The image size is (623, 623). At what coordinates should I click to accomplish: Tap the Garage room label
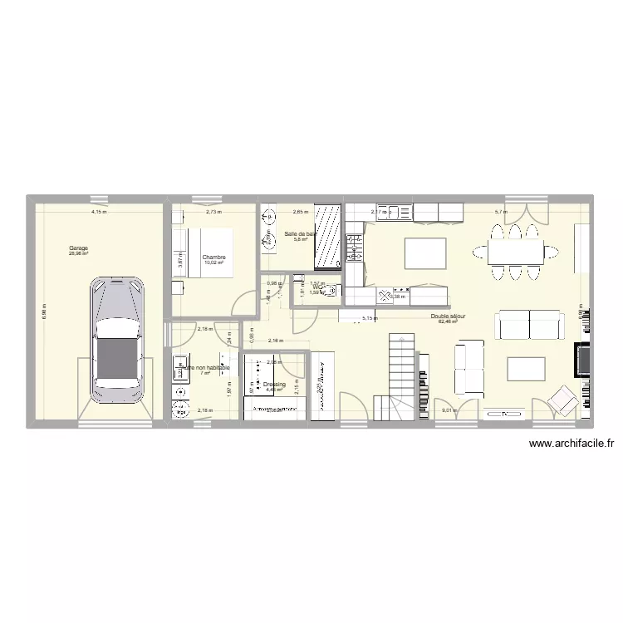tap(79, 248)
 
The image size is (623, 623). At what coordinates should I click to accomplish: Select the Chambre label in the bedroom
tap(213, 258)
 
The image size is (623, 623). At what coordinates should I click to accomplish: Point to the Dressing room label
tap(274, 385)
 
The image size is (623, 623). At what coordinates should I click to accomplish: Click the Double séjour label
tap(448, 316)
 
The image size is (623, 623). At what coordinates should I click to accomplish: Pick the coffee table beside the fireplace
tap(526, 368)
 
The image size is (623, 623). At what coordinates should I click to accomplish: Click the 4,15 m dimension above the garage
tap(99, 213)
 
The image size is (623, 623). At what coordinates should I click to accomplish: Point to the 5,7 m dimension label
tap(501, 213)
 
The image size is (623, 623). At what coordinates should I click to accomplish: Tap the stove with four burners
tap(353, 247)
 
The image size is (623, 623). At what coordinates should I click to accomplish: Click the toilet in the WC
tap(331, 291)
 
